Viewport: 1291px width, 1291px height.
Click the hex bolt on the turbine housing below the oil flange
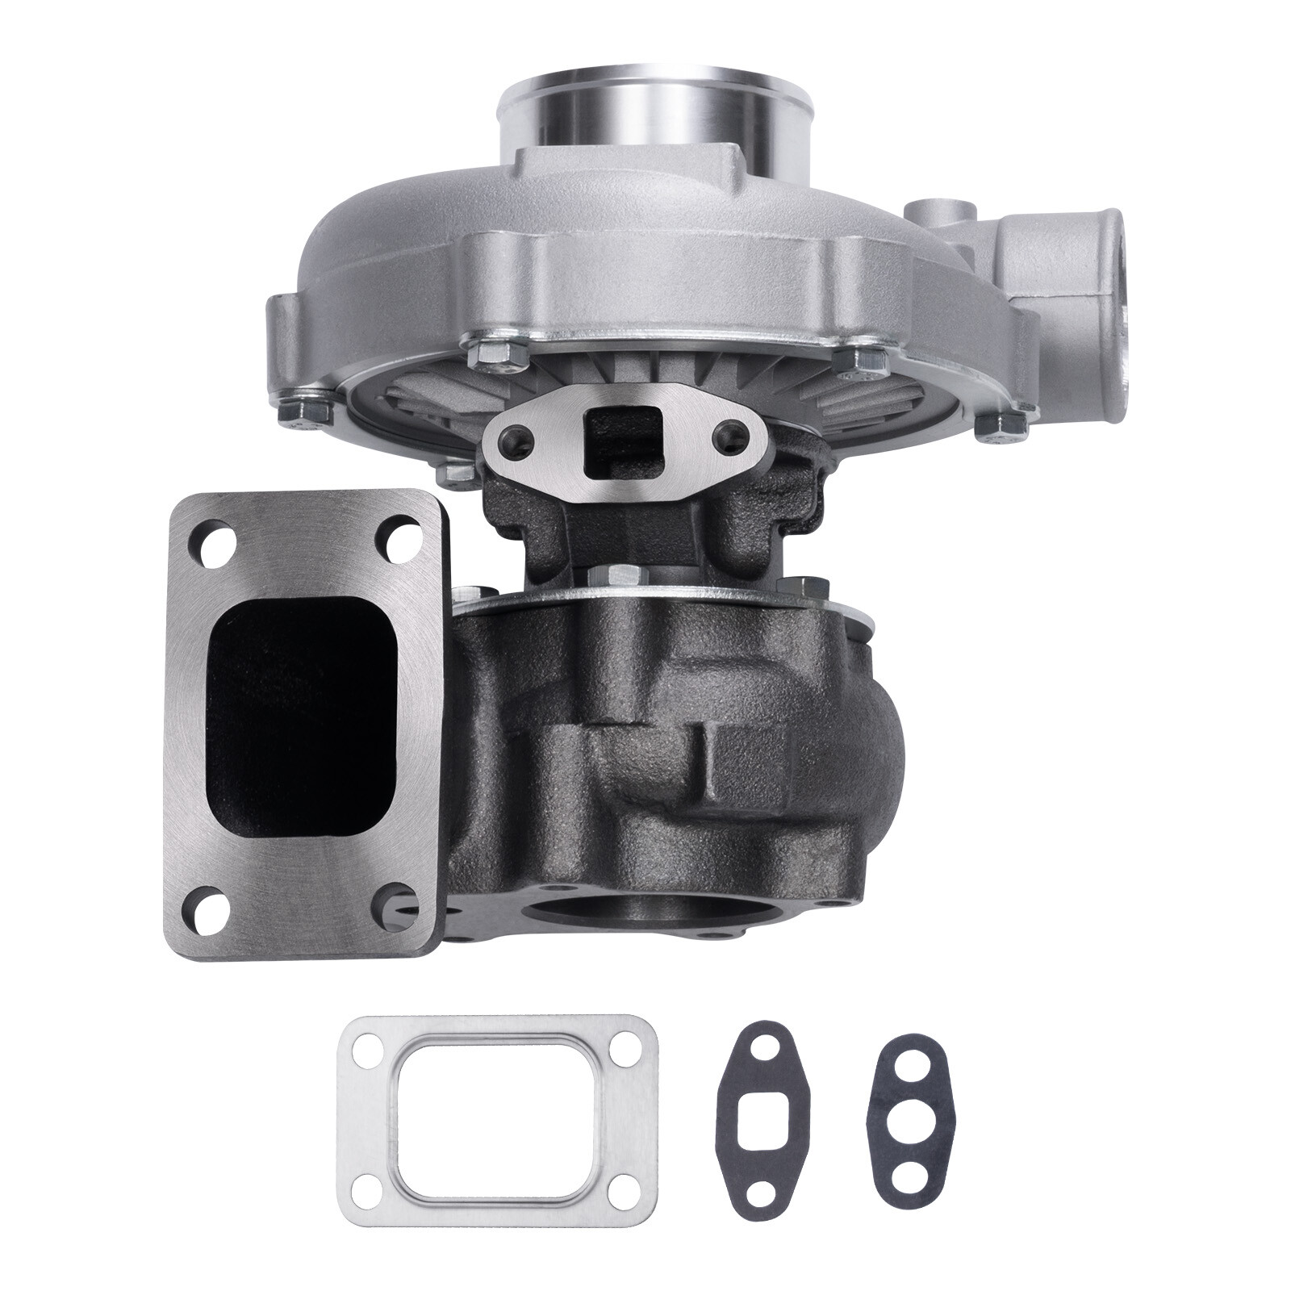click(x=620, y=578)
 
